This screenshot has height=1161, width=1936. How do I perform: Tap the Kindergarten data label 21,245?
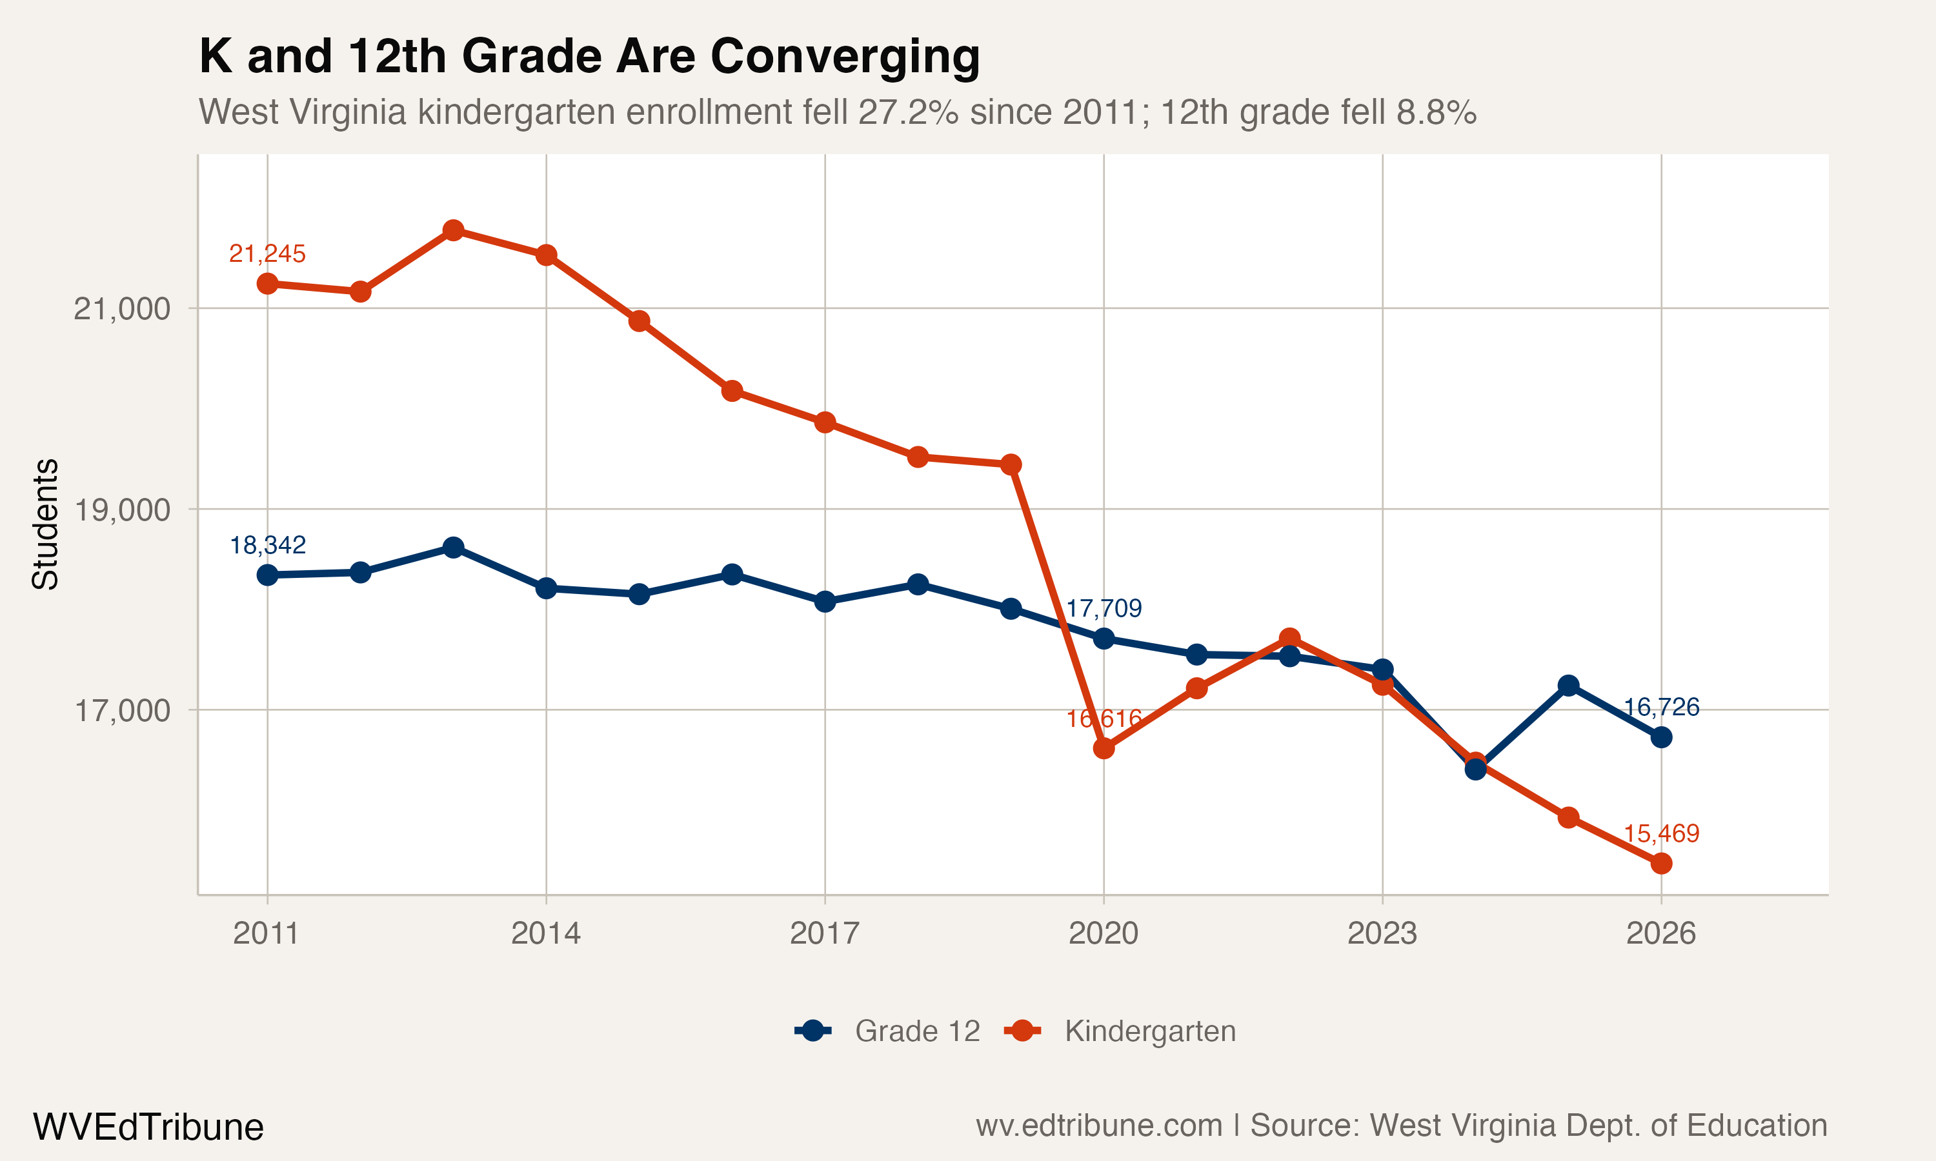pos(267,253)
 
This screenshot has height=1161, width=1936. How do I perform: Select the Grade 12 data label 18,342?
pos(267,545)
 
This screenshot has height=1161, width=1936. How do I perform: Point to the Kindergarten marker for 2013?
pos(453,230)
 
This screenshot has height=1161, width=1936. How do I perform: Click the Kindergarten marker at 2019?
pos(1011,464)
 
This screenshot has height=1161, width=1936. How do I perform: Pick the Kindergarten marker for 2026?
pos(1661,864)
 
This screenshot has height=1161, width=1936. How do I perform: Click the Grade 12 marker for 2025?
pos(1568,686)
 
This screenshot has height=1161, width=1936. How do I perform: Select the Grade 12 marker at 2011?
pos(268,575)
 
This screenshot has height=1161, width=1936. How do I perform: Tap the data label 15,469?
pos(1661,834)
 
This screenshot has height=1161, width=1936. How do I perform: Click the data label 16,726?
pos(1661,707)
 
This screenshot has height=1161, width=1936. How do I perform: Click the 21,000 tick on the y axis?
pos(121,309)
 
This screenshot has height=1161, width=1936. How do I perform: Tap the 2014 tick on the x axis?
pos(545,933)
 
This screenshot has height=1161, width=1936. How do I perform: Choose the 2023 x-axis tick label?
pos(1382,933)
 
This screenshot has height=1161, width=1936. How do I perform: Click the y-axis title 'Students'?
pos(45,524)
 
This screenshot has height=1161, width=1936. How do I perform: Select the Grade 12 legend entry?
pos(888,1031)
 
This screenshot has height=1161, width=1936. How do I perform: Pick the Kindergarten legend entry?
pos(1120,1031)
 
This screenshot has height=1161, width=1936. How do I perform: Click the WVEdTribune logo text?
pos(148,1127)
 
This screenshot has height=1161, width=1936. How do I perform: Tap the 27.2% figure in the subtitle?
pos(909,112)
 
